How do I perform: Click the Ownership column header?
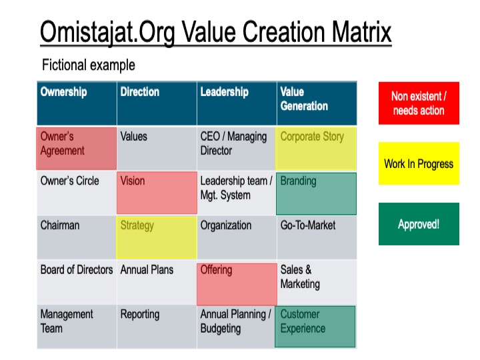77,103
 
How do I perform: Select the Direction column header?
157,103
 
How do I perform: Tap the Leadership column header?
237,103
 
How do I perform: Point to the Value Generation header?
317,103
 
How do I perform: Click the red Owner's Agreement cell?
77,149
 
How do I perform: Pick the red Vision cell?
157,193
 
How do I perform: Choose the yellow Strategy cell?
157,237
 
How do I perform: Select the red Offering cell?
237,285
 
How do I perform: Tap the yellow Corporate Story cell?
316,149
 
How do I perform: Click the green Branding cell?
316,193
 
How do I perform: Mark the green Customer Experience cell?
315,327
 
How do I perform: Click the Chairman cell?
77,237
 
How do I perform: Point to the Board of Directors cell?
77,282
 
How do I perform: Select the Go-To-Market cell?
317,237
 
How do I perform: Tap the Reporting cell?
157,327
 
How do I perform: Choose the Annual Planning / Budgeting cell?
236,327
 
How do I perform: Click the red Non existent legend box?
419,103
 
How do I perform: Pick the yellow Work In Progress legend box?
419,163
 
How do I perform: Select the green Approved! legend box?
419,224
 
